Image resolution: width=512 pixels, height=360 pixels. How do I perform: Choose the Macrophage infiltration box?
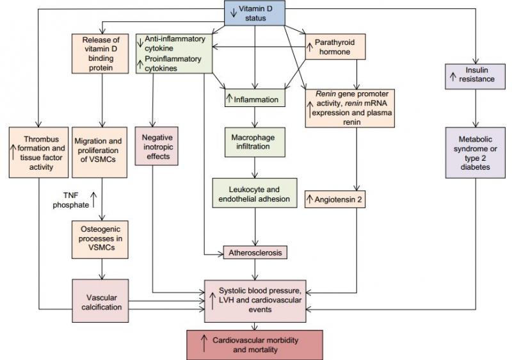[x=255, y=142]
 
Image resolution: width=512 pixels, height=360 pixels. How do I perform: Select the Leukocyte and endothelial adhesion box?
[x=255, y=193]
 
